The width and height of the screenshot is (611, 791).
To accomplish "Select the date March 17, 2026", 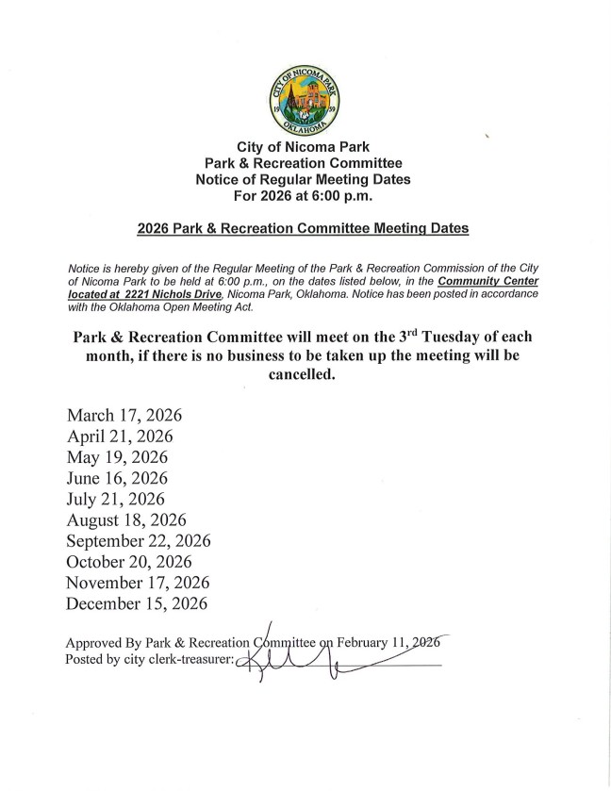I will click(x=124, y=416).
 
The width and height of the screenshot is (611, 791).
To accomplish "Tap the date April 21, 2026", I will click(x=120, y=437).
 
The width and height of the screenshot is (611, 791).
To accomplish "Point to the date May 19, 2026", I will click(x=117, y=457).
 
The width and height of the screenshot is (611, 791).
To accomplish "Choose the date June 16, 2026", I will click(x=117, y=478).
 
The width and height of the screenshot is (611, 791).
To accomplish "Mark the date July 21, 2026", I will click(x=115, y=499).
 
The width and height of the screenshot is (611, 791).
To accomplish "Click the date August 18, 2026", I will click(x=126, y=519).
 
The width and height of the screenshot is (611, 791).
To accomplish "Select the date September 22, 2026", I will click(x=139, y=540).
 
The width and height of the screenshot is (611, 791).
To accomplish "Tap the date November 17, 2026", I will click(x=138, y=582).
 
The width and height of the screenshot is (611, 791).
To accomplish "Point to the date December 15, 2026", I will click(x=137, y=602).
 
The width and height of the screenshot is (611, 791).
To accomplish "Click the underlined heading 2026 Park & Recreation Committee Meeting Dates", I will click(x=303, y=228).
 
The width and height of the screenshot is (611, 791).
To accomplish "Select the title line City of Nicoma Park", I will click(x=303, y=147).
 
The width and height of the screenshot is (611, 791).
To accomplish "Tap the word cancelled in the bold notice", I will click(x=303, y=373).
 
